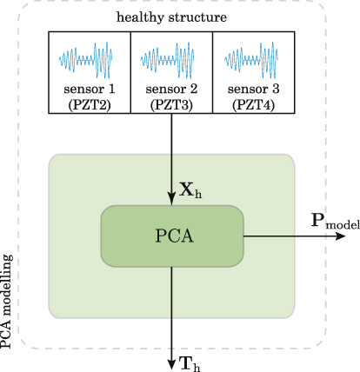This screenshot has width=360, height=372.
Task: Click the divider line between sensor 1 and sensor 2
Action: click(x=130, y=72)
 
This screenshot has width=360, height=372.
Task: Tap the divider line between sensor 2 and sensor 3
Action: click(x=212, y=72)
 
